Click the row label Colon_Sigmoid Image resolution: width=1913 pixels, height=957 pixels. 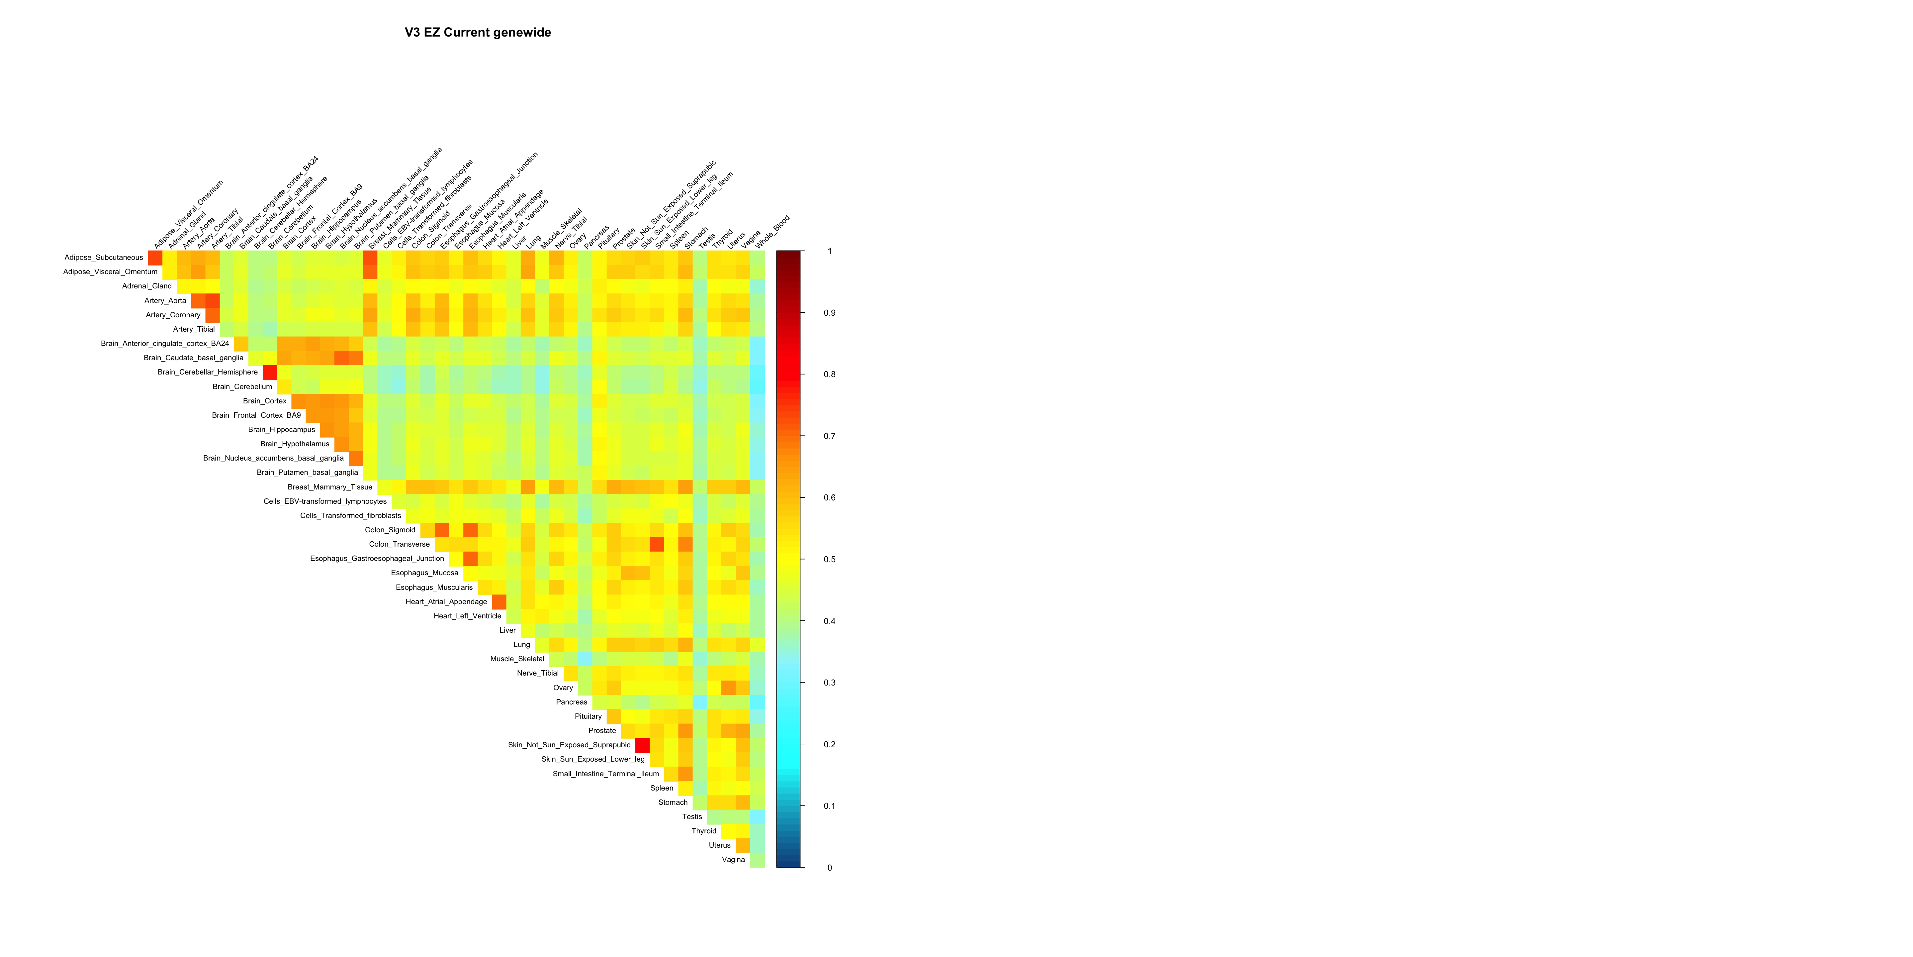390,530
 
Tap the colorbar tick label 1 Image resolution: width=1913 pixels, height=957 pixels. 830,251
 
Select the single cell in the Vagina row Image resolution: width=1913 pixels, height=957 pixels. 758,860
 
